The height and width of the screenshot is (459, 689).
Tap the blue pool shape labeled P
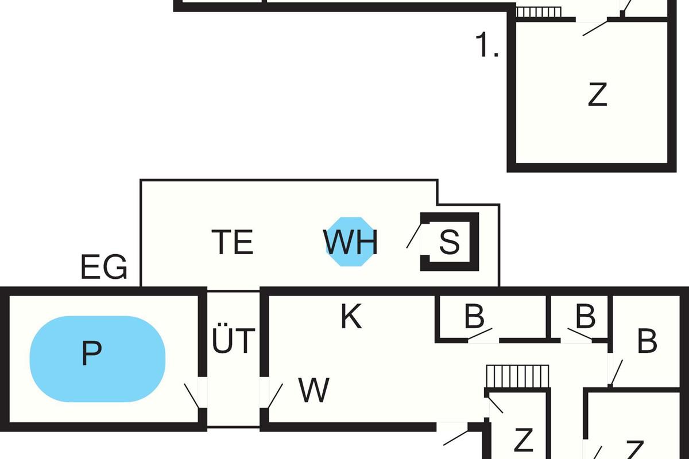click(97, 359)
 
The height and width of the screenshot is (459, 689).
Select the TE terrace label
click(233, 242)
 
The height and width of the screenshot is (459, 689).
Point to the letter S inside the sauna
click(449, 242)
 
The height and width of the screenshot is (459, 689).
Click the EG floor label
click(104, 267)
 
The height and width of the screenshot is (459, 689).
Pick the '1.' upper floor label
click(487, 46)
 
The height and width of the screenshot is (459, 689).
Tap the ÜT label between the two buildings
click(233, 341)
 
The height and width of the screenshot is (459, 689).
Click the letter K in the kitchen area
click(351, 317)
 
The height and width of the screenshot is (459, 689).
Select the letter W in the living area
click(314, 391)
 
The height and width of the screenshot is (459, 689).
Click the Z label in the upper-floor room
click(598, 95)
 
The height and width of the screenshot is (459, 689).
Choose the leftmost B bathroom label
click(474, 317)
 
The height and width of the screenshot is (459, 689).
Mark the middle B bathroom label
click(585, 317)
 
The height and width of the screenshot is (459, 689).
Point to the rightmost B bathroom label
click(647, 341)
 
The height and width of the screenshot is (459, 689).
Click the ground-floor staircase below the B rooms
click(517, 376)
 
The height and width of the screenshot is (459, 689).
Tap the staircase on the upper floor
click(538, 12)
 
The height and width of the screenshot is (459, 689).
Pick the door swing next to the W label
click(275, 396)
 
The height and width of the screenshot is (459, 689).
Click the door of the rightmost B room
click(616, 373)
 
